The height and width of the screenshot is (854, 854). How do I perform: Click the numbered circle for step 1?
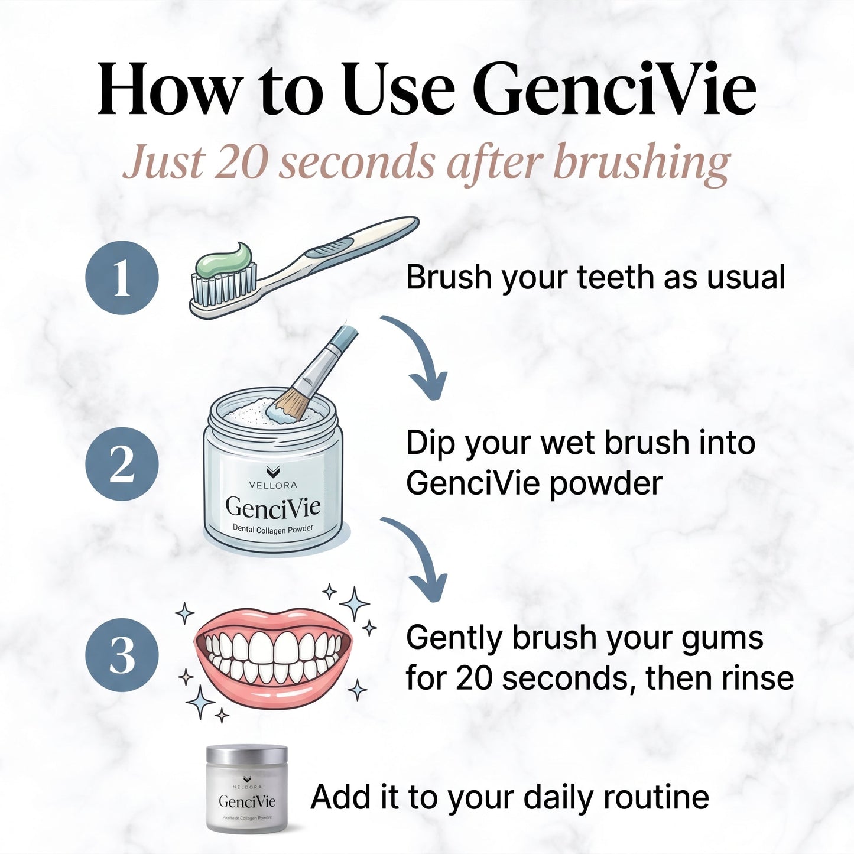[122, 278]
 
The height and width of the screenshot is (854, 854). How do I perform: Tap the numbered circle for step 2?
[122, 464]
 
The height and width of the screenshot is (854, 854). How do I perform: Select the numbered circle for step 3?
[122, 655]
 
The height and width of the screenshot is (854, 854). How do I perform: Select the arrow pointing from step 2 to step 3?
[421, 558]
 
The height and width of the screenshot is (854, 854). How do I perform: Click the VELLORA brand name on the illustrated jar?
[273, 485]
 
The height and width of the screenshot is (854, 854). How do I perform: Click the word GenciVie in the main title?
[614, 90]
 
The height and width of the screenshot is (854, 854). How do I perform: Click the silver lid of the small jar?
[247, 756]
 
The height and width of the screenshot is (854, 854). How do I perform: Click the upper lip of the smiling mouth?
[273, 621]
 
